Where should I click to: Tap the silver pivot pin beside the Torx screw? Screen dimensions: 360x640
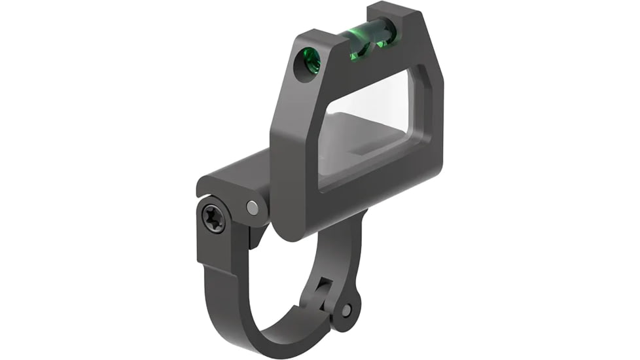tap(252, 207)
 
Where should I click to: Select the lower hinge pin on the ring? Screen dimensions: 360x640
tap(346, 310)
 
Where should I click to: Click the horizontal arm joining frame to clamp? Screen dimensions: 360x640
tap(236, 175)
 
